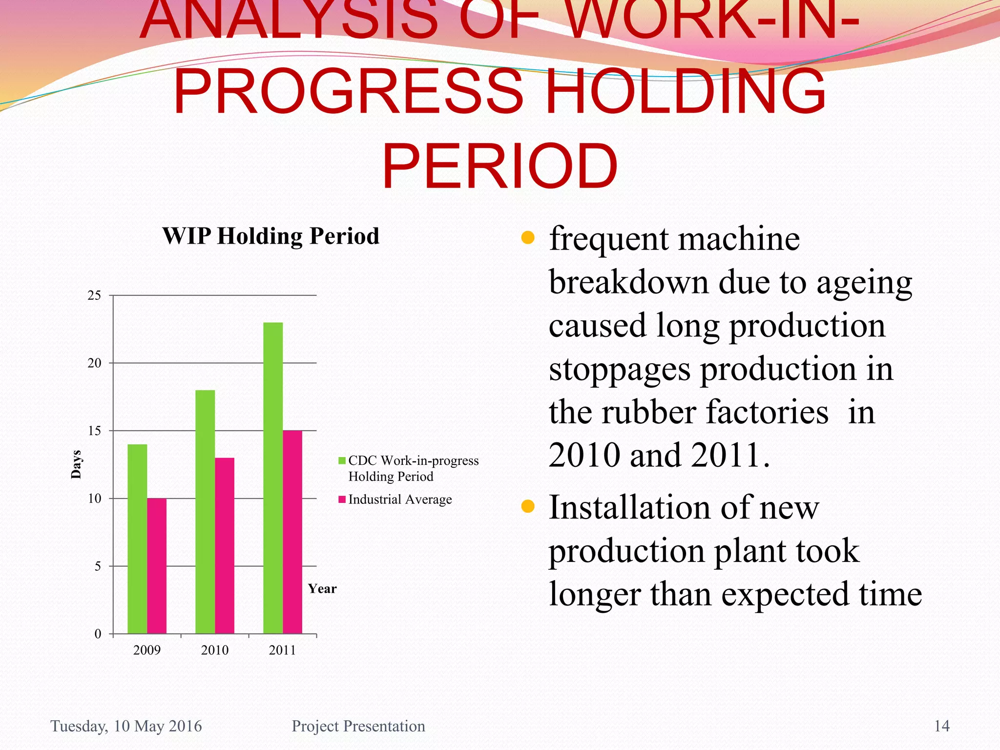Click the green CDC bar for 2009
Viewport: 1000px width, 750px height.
(137, 539)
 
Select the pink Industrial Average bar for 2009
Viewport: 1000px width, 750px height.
(157, 566)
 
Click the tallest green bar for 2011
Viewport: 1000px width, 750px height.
(273, 478)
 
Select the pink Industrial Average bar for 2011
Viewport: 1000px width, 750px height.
(292, 532)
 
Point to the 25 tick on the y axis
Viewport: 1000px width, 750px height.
(95, 295)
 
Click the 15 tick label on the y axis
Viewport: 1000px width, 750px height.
(95, 431)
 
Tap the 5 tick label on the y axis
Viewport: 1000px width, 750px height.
(98, 566)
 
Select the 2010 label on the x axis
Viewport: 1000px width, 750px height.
(215, 650)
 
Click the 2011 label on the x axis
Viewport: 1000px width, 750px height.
(283, 650)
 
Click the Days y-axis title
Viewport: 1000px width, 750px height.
(76, 464)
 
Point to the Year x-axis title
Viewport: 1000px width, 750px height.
(322, 589)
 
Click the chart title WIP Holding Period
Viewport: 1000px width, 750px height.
(271, 236)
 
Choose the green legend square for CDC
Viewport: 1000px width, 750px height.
(342, 460)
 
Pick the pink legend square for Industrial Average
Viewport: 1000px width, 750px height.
(342, 499)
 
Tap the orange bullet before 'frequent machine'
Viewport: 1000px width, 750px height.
(528, 238)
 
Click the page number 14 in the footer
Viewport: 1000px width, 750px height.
(942, 726)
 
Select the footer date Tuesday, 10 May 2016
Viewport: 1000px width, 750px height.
(126, 726)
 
